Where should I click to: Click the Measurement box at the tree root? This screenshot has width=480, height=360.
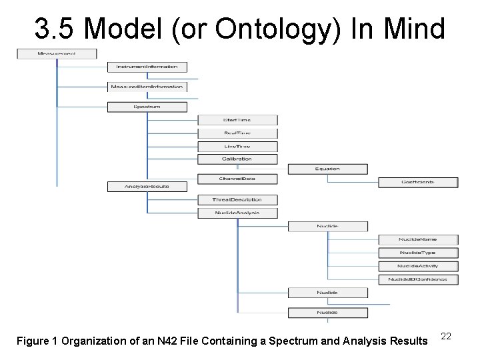pyautogui.click(x=57, y=53)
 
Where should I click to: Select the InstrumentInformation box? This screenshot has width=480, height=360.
pyautogui.click(x=147, y=67)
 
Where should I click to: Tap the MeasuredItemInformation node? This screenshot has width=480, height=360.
pyautogui.click(x=147, y=87)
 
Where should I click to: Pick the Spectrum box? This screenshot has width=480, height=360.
pyautogui.click(x=147, y=107)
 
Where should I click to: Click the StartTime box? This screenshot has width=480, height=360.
pyautogui.click(x=237, y=120)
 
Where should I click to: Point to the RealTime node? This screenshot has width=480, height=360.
pyautogui.click(x=237, y=133)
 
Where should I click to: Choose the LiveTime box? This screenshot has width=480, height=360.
pyautogui.click(x=237, y=146)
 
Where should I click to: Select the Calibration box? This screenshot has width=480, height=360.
pyautogui.click(x=237, y=159)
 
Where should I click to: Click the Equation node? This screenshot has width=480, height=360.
pyautogui.click(x=327, y=169)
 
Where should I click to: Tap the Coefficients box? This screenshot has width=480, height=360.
pyautogui.click(x=418, y=182)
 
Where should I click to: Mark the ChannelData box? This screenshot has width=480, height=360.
pyautogui.click(x=237, y=179)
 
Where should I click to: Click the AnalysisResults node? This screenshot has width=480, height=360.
pyautogui.click(x=147, y=187)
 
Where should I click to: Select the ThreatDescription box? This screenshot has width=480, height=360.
pyautogui.click(x=237, y=200)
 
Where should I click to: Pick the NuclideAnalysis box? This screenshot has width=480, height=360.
pyautogui.click(x=237, y=213)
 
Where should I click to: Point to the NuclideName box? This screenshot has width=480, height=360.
pyautogui.click(x=418, y=239)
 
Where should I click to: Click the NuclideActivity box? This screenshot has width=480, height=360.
pyautogui.click(x=418, y=266)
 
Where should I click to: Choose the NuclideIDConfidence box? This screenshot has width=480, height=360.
pyautogui.click(x=418, y=279)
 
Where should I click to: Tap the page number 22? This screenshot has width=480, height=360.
pyautogui.click(x=446, y=337)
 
